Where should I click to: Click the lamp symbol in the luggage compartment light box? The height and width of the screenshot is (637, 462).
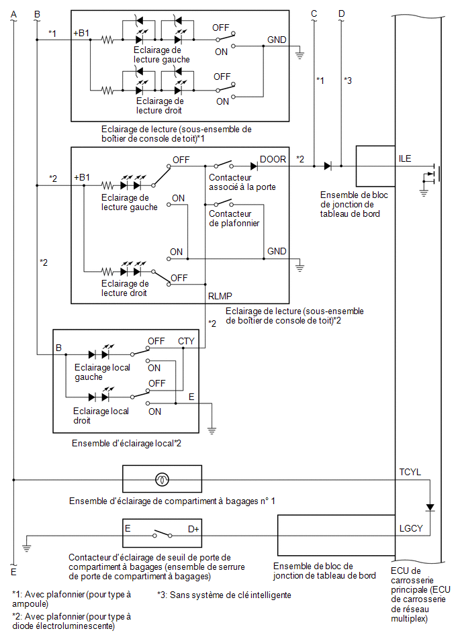162,480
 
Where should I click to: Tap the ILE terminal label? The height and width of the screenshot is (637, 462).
405,158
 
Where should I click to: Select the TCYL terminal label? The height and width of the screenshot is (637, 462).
410,472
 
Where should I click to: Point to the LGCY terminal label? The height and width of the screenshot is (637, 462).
411,528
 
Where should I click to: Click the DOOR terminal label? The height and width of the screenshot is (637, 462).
273,159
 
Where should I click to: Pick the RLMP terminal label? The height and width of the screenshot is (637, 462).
220,296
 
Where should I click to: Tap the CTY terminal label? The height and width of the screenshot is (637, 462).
186,341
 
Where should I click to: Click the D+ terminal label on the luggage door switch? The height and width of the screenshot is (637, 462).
193,529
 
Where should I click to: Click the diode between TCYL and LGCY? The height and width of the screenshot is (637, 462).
430,507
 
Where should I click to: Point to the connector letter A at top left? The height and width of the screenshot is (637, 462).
14,15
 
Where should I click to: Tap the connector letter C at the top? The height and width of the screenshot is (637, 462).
314,14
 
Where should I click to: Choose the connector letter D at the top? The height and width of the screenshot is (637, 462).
341,14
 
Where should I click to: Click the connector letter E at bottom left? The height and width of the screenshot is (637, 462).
13,572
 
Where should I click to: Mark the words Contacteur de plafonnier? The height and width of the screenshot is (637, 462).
234,218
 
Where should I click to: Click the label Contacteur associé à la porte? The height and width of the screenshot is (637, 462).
242,182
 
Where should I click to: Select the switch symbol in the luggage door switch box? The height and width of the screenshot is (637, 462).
162,534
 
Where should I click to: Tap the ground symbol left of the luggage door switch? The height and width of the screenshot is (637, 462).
26,547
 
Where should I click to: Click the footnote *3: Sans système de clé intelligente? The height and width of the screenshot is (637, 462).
224,595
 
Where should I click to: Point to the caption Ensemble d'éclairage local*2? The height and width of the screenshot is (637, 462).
126,443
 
